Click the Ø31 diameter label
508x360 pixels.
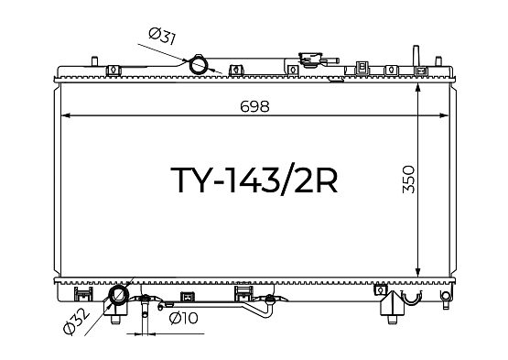pos(162,36)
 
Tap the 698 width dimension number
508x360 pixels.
pos(254,106)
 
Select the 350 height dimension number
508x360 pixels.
pos(408,180)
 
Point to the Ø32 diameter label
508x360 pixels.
pos(77,322)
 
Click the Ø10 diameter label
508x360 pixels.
pos(183,319)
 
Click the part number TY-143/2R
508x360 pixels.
pos(254,180)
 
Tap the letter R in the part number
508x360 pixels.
pos(326,180)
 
